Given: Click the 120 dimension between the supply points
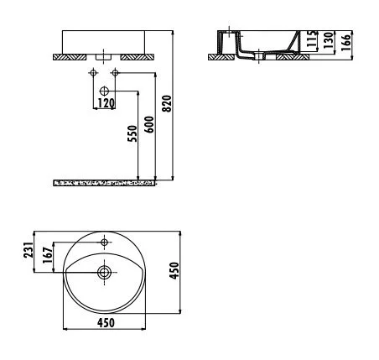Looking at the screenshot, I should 106,102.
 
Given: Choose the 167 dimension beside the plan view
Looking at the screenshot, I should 48,257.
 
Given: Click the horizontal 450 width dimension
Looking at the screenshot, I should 106,321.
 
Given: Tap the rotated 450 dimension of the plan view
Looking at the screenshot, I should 175,271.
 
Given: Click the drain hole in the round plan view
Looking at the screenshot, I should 105,272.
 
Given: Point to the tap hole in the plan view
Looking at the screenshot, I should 105,243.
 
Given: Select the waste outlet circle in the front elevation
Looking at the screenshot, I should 105,89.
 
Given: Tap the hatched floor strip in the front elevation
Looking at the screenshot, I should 106,182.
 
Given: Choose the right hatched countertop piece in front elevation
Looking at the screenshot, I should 137,57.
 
